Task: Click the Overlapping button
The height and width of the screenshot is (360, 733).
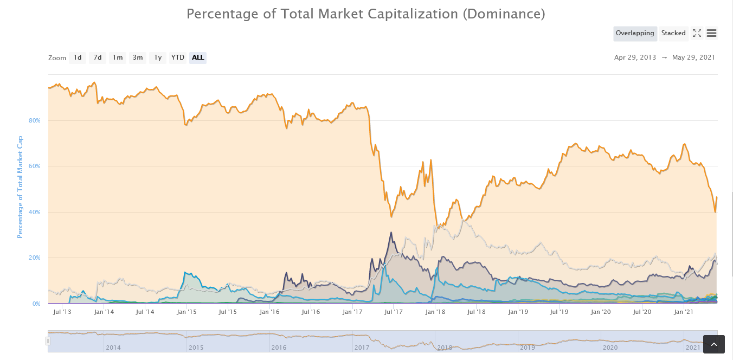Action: pyautogui.click(x=635, y=34)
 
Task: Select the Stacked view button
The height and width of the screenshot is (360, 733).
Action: pyautogui.click(x=673, y=34)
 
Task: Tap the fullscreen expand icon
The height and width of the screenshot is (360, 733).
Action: pyautogui.click(x=697, y=34)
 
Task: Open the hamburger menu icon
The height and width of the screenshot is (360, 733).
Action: pyautogui.click(x=712, y=34)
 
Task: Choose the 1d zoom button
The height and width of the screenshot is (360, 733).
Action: pyautogui.click(x=78, y=57)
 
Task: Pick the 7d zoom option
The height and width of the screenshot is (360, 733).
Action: pyautogui.click(x=98, y=57)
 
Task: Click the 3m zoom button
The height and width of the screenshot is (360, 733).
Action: pyautogui.click(x=138, y=57)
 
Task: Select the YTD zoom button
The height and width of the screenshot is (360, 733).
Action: pyautogui.click(x=178, y=57)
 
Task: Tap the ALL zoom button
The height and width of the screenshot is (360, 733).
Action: pyautogui.click(x=198, y=57)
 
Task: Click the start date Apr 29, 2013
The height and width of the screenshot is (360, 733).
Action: pyautogui.click(x=635, y=57)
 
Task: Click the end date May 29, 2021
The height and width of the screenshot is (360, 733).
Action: pyautogui.click(x=693, y=57)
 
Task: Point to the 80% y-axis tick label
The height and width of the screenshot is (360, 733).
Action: pyautogui.click(x=35, y=120)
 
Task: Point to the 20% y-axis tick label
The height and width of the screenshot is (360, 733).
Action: pyautogui.click(x=35, y=258)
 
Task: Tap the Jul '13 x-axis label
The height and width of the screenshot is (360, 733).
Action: pyautogui.click(x=62, y=312)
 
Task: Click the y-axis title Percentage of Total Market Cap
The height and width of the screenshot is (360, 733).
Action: pyautogui.click(x=20, y=187)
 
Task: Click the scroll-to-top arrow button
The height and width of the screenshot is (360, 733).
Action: pyautogui.click(x=713, y=344)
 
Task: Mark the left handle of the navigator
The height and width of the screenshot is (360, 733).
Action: pyautogui.click(x=48, y=341)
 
